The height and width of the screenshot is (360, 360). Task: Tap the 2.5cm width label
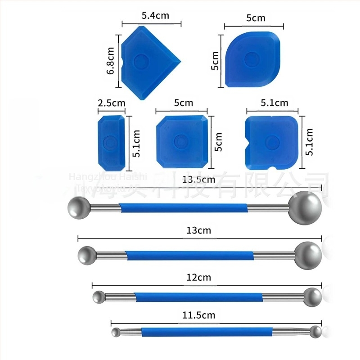click(x=111, y=103)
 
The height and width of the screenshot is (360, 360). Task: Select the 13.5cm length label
click(x=198, y=179)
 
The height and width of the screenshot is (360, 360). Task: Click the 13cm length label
click(x=198, y=230)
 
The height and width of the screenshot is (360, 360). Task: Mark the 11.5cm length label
click(x=198, y=315)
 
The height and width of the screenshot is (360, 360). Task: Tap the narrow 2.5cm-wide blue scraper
click(x=108, y=141)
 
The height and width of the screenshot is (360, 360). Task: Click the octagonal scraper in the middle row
click(x=182, y=140)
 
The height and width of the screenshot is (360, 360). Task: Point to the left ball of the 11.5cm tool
click(x=116, y=333)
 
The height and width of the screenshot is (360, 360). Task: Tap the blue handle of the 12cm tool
click(x=198, y=297)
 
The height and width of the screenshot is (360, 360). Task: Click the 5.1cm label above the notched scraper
click(x=274, y=103)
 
